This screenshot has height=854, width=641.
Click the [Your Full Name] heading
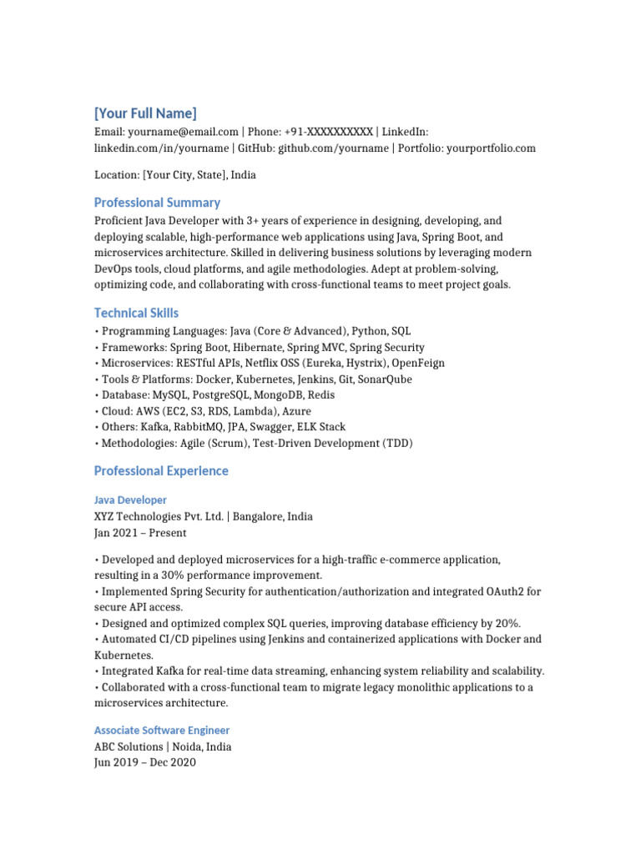coord(145,113)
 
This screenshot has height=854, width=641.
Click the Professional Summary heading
coord(157,202)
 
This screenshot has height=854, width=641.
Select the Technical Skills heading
coord(136,313)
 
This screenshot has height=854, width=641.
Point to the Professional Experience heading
coord(161,470)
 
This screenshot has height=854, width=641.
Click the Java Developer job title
coord(130,500)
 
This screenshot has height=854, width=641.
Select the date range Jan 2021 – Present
coord(140,532)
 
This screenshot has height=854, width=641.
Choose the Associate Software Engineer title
coord(162,730)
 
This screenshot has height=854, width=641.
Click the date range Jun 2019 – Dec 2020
coord(145,762)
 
